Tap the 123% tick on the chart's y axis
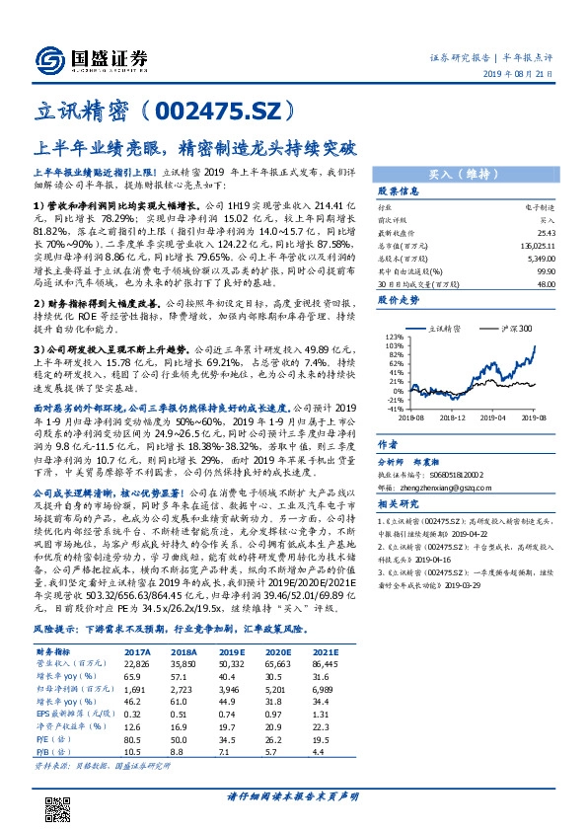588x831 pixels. click(392, 338)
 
